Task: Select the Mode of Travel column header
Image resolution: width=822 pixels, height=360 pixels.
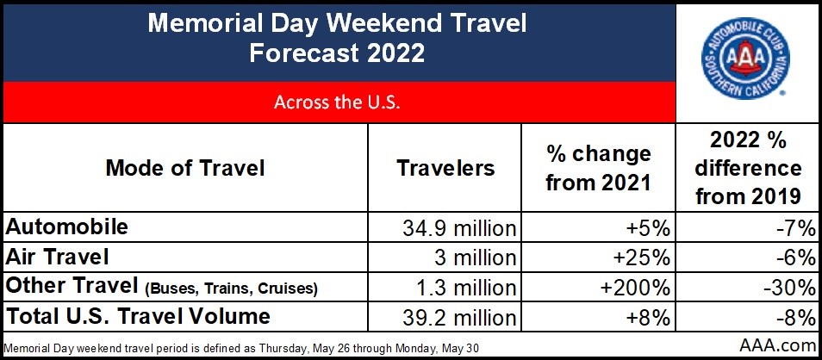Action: tap(185, 168)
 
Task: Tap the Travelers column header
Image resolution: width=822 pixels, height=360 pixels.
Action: tap(445, 168)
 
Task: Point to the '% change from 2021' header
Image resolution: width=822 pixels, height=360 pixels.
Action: tap(598, 168)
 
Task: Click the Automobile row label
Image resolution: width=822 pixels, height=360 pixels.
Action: tap(66, 227)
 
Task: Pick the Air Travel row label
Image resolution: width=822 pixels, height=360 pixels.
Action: tap(57, 257)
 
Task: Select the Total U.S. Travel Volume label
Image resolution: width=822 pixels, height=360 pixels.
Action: tap(138, 315)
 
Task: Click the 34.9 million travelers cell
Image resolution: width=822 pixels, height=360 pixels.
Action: tap(459, 228)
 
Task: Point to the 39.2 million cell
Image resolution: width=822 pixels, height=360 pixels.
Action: tap(459, 318)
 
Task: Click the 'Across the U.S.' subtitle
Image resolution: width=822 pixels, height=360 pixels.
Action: tap(337, 102)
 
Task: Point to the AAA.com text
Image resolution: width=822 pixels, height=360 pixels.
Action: tap(777, 345)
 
